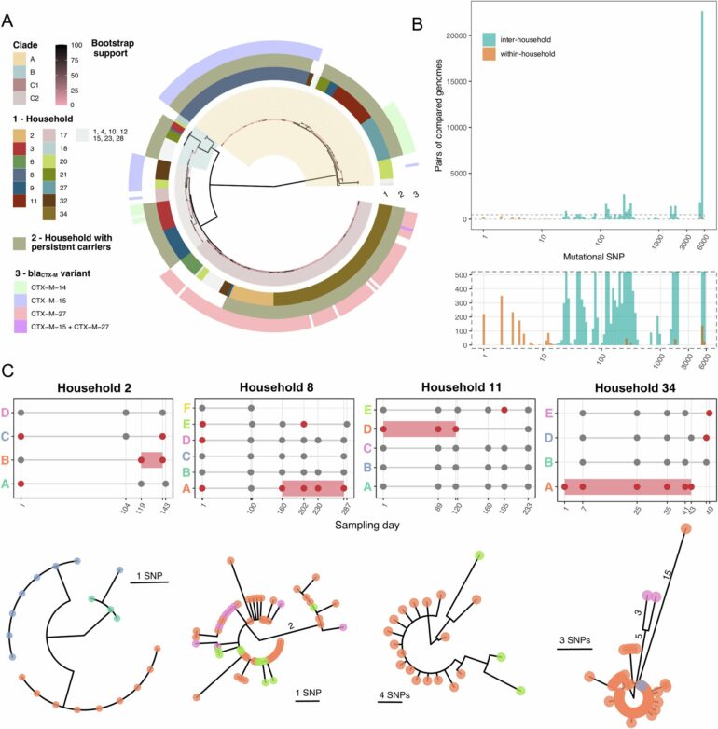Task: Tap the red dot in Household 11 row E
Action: pos(504,409)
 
